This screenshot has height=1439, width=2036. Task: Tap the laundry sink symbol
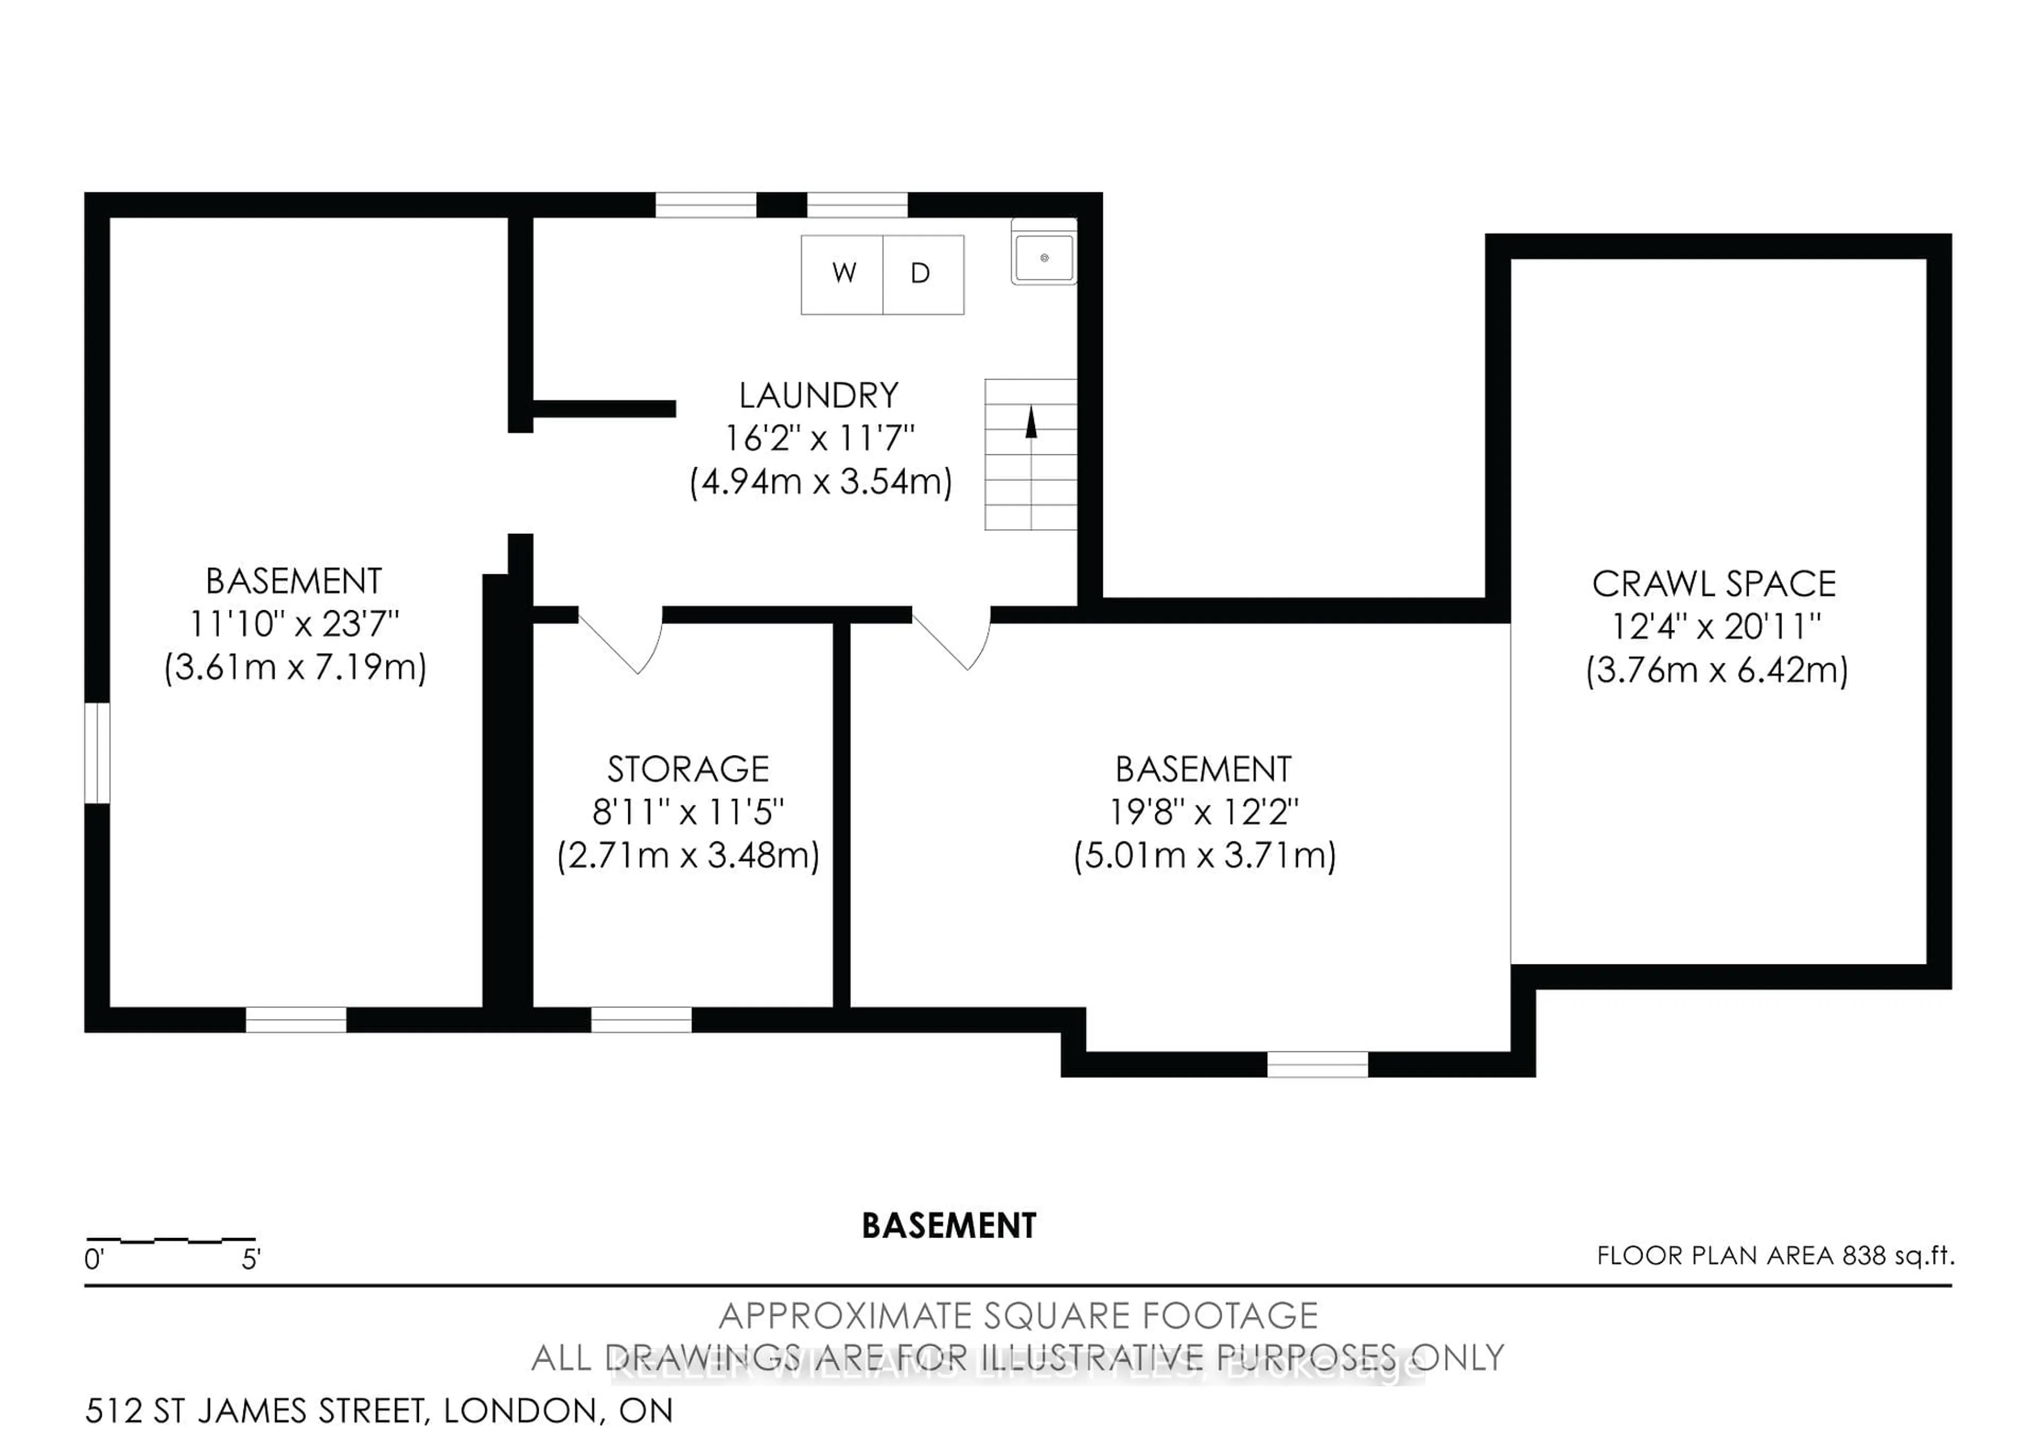tap(1044, 258)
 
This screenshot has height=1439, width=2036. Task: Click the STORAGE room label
tap(688, 769)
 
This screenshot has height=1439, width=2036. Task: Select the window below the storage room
tap(641, 1020)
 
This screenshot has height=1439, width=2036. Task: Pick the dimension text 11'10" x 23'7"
tap(294, 624)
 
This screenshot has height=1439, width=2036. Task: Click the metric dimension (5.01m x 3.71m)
tap(1204, 856)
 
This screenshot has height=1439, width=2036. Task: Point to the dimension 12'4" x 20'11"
tap(1715, 627)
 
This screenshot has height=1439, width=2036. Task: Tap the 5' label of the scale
tap(251, 1259)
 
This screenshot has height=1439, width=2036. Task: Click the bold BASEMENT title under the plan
tap(949, 1226)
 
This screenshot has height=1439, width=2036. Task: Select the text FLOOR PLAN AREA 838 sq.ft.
tap(1775, 1256)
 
